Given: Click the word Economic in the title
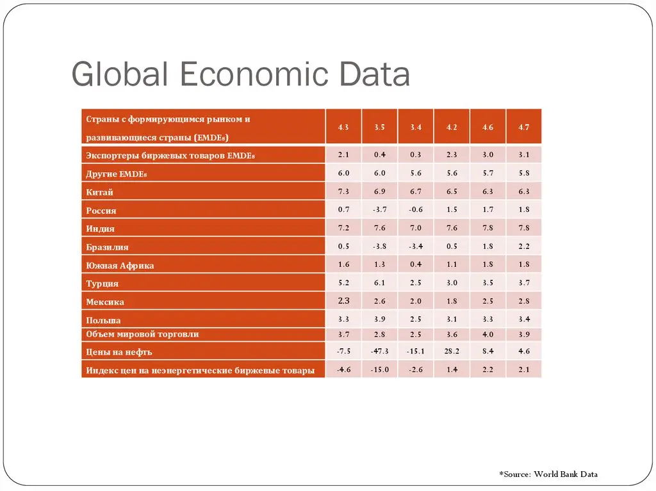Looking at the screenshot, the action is click(x=255, y=74).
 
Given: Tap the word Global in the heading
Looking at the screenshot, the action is click(x=120, y=74).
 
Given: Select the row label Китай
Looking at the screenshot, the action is click(x=99, y=193).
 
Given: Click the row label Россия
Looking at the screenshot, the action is click(x=101, y=211).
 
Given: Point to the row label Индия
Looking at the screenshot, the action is click(x=101, y=229).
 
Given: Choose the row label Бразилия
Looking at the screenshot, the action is click(x=107, y=247).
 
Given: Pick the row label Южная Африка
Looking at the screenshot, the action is click(x=120, y=266).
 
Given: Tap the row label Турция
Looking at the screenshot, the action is click(x=102, y=284).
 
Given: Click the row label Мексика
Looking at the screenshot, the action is click(x=105, y=302).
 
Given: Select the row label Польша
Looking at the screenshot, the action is click(x=103, y=320).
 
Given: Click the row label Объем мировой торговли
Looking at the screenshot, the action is click(x=142, y=334).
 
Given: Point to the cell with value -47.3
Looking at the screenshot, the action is click(x=379, y=351).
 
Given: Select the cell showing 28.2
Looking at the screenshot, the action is click(x=452, y=351).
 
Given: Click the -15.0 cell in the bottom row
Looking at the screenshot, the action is click(x=379, y=369).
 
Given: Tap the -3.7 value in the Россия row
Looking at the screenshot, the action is click(x=379, y=209).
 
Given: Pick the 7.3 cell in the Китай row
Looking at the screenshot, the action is click(x=343, y=191).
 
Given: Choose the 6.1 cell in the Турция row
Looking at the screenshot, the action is click(x=379, y=283).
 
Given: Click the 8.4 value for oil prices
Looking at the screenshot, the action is click(x=488, y=351).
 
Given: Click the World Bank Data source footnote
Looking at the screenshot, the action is click(x=548, y=474).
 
